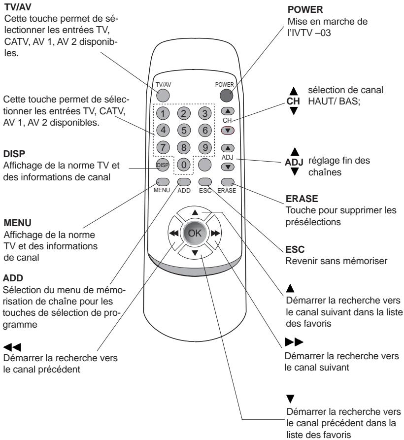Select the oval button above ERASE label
(x=228, y=181)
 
